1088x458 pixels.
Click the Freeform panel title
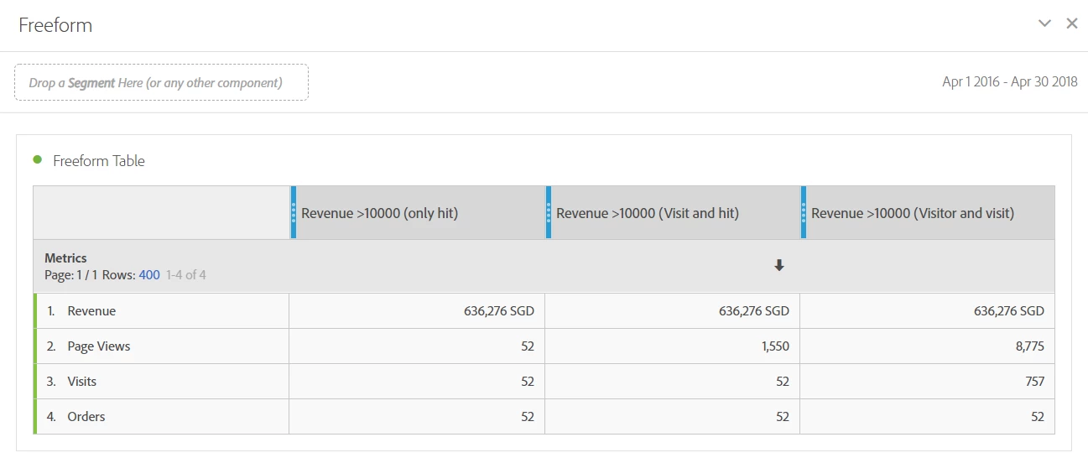pos(55,25)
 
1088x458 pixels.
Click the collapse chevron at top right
pos(1044,23)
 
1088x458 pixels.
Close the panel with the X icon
pos(1071,23)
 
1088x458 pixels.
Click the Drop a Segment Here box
pos(161,82)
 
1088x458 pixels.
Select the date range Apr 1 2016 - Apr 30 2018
pos(1009,82)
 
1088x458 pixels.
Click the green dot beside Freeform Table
pos(38,159)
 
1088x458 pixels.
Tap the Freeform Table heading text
pos(98,161)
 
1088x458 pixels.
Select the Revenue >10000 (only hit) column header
pos(379,213)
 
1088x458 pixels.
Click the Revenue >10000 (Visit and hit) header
pos(647,213)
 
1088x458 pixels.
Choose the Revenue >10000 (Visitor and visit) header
pos(912,213)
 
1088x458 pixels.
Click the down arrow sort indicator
pos(778,266)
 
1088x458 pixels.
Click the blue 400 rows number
pos(149,274)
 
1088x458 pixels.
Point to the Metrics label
pos(65,258)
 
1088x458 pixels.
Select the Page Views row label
pos(99,346)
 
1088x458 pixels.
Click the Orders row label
pos(86,417)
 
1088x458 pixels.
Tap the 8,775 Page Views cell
pos(1030,346)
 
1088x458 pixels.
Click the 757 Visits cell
pos(1034,382)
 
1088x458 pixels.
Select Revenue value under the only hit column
pos(498,311)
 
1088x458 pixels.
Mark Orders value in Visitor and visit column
pos(1037,417)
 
